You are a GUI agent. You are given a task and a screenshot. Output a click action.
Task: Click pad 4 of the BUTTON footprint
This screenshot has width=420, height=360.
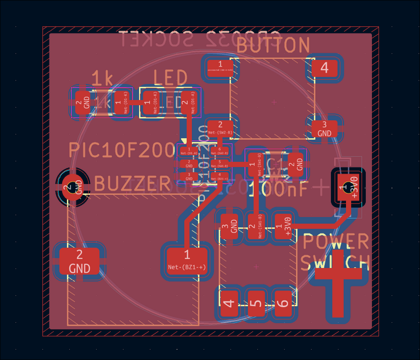(324, 68)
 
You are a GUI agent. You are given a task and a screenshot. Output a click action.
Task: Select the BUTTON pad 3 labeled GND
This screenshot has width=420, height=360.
(324, 129)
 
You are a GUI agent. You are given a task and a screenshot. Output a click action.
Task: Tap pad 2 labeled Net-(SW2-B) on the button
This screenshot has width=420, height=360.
(220, 128)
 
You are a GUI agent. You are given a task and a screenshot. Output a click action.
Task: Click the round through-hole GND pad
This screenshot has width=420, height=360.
(72, 186)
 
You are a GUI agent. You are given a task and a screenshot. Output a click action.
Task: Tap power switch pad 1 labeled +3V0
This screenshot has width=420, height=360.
(284, 227)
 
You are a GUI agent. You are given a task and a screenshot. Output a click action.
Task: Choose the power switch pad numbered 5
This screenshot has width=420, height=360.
(256, 303)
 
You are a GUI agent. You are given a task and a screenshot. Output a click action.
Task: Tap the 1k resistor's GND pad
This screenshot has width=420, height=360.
(82, 102)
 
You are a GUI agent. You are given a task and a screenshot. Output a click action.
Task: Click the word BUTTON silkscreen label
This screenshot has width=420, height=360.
(273, 45)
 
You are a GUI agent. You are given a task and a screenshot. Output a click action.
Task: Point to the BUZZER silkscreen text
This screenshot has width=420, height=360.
(132, 184)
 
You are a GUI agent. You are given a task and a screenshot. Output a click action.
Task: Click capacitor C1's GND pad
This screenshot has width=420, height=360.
(297, 163)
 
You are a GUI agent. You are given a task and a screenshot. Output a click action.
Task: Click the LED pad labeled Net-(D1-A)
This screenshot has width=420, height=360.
(188, 102)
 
